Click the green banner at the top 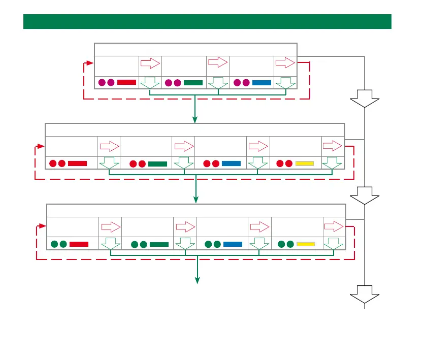(x=207, y=22)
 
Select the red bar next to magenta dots (x=126, y=82)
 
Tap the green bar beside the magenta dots (x=193, y=82)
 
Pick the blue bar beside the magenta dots (x=261, y=82)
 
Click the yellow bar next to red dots (x=305, y=163)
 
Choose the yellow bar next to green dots (x=306, y=244)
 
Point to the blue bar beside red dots (x=231, y=163)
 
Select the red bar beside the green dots (x=79, y=244)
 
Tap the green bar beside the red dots (x=157, y=163)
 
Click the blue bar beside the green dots (x=233, y=244)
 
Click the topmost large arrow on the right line (x=365, y=98)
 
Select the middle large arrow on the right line (x=365, y=195)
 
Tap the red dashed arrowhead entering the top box (x=90, y=63)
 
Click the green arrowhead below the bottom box (x=198, y=280)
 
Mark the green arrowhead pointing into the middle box (x=195, y=119)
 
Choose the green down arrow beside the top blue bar (x=285, y=83)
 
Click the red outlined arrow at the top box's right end (x=285, y=63)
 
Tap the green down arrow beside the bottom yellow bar (x=333, y=244)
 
